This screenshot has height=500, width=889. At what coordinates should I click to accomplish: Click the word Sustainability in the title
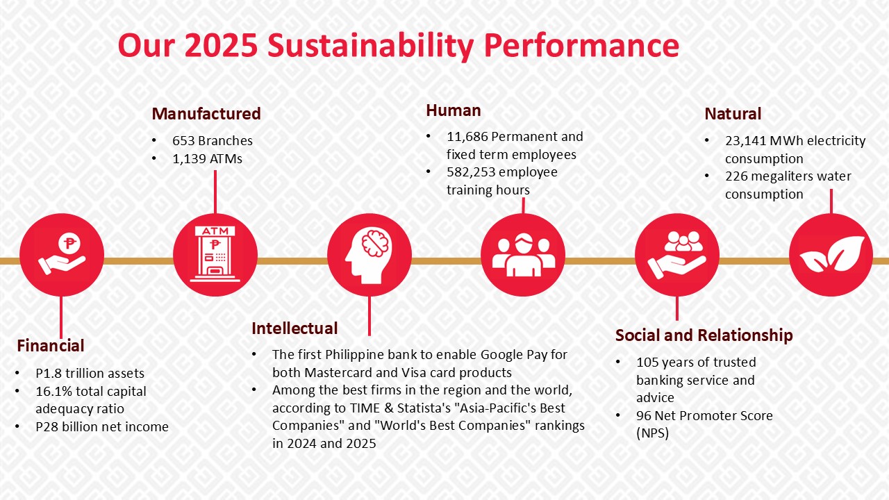[370, 46]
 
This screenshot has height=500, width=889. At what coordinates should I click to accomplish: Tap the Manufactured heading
[206, 114]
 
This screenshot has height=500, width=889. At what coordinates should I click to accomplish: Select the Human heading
[454, 110]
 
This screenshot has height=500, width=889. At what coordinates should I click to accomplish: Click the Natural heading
[733, 114]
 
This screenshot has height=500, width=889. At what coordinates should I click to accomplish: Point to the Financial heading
[51, 346]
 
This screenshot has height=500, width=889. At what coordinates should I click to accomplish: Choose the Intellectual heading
[294, 328]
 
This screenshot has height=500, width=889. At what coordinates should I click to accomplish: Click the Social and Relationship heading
[704, 335]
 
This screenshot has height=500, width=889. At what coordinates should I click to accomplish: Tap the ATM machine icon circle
[215, 255]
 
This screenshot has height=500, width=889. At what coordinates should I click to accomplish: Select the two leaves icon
[831, 254]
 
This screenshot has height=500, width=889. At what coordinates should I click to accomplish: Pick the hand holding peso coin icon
[63, 254]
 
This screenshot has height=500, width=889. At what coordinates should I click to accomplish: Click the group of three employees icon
[523, 255]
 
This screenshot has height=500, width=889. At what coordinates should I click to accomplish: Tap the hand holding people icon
[677, 255]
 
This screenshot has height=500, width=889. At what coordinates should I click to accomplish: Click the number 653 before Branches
[183, 141]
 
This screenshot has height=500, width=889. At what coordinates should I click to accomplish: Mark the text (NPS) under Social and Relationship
[652, 433]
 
